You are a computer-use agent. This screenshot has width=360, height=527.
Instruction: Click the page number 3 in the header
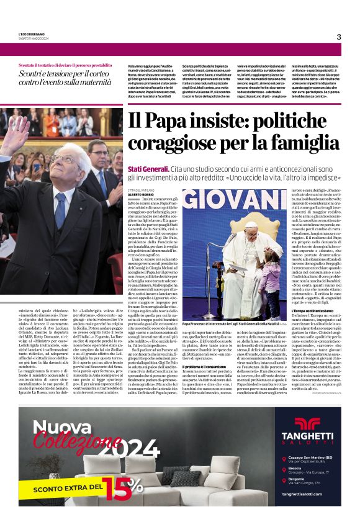click(x=338, y=37)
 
